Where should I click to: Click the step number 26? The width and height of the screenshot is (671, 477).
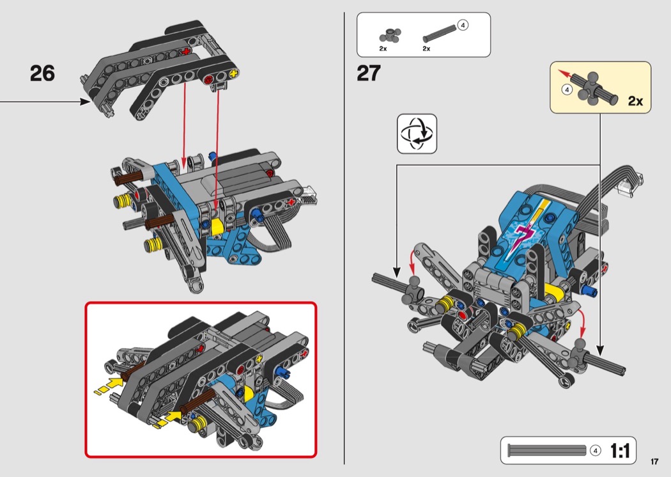tap(42, 74)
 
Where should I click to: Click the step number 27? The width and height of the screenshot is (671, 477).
tap(369, 74)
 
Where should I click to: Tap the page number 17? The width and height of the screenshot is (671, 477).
tap(654, 461)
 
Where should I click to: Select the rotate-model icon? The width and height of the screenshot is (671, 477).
tap(417, 134)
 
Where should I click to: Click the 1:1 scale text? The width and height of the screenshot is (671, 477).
tap(619, 451)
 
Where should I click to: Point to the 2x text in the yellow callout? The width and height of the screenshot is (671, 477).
tap(635, 100)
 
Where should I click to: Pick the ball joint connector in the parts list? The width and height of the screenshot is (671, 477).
tap(390, 36)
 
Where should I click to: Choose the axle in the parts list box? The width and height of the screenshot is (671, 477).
tap(440, 33)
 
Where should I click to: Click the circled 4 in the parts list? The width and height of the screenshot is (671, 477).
tap(463, 26)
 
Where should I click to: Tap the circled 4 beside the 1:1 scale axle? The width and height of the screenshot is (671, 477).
tap(595, 450)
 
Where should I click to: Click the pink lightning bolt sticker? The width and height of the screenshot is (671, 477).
tap(523, 235)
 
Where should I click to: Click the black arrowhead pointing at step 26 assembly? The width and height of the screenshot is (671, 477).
tap(85, 102)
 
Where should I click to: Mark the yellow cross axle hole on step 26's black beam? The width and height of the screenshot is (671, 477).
tap(234, 74)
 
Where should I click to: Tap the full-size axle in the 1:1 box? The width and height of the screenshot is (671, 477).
tap(546, 450)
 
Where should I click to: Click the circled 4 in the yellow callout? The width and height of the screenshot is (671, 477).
tap(567, 90)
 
